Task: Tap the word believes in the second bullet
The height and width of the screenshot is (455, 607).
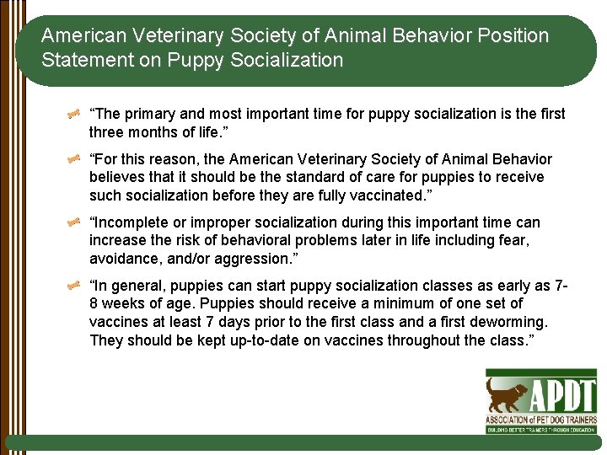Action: pos(118,177)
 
